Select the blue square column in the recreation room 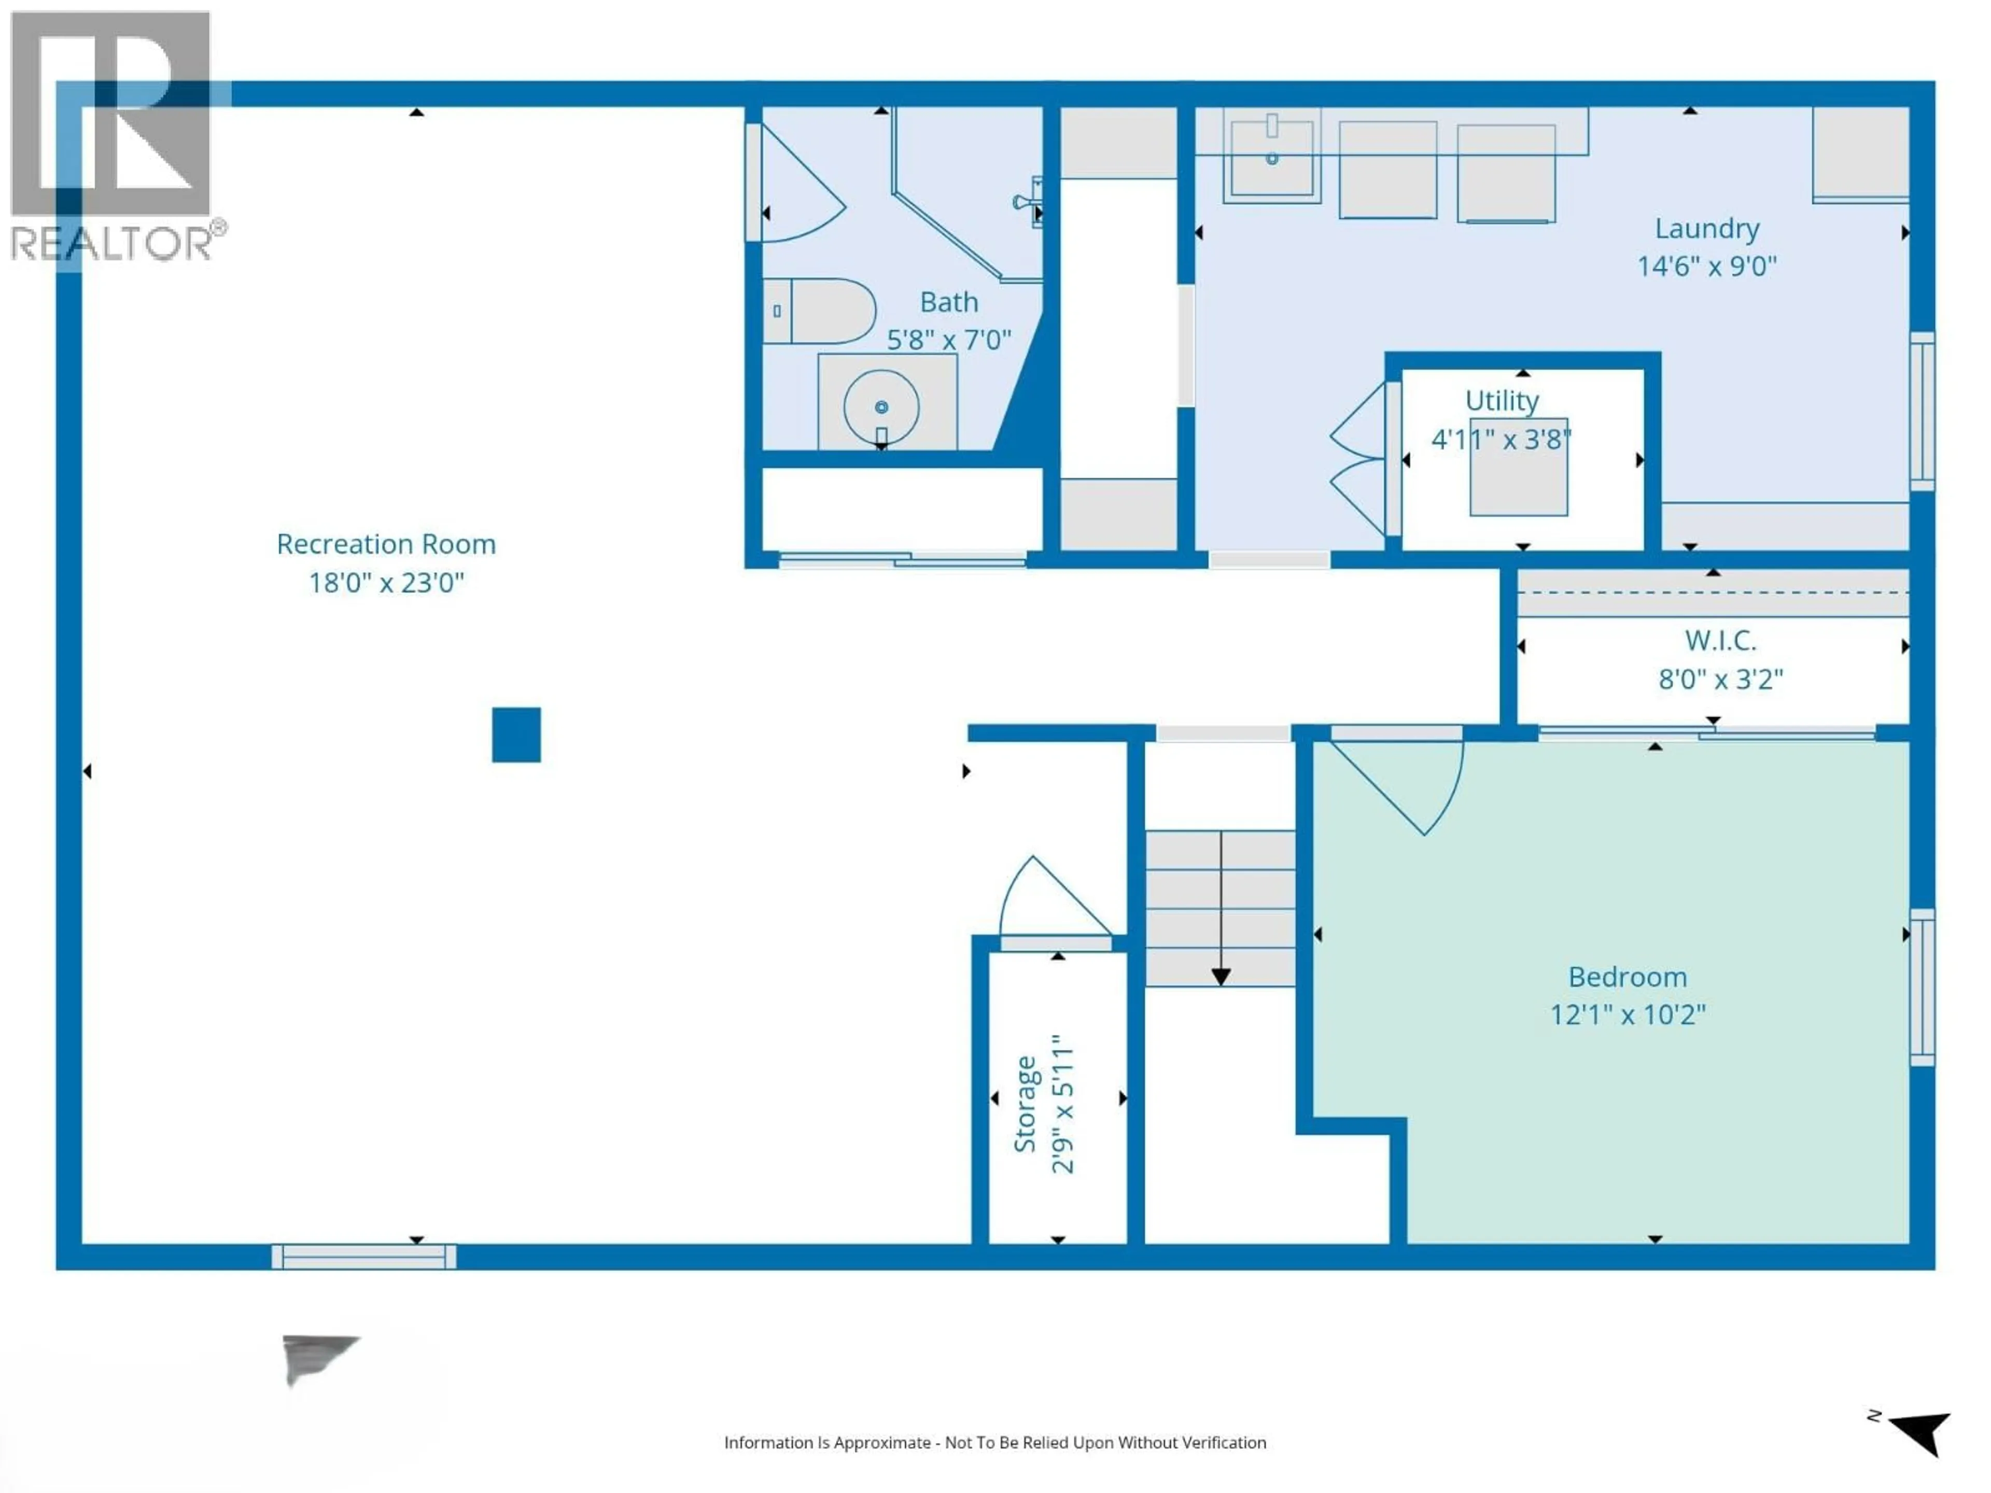[516, 735]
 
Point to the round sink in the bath [881, 407]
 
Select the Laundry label [1706, 229]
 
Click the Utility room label [1502, 401]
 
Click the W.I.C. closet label [1720, 641]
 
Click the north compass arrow [1921, 1431]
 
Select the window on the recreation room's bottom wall [363, 1256]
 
